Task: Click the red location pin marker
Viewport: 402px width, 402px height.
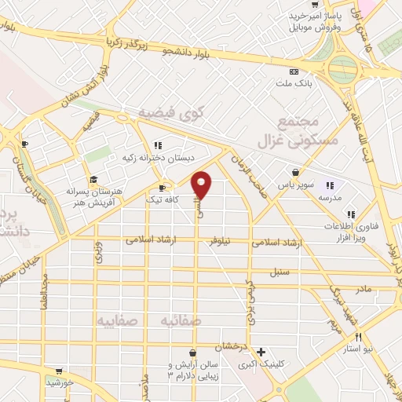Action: (x=202, y=185)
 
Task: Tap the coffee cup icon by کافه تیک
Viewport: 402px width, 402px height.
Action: (x=163, y=188)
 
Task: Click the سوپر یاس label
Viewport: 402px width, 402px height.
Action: (x=298, y=186)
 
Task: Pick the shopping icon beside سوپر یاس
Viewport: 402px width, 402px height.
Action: (x=294, y=172)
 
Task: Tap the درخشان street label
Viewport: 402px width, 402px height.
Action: (x=234, y=345)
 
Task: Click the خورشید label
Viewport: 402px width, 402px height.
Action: (x=58, y=382)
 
